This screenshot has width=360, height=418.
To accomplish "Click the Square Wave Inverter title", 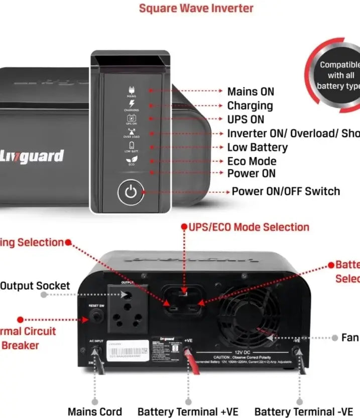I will point(196,8).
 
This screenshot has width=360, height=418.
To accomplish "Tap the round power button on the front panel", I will point(131,192).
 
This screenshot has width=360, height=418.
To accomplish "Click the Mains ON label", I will point(251,91).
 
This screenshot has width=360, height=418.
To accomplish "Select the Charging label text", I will point(250,106).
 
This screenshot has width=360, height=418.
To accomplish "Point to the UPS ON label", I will point(246,120).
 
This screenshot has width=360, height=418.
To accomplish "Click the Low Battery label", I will point(257,147).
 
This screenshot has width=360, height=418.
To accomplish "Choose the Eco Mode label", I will point(252,161).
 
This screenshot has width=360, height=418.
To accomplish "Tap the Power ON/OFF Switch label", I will point(286,191).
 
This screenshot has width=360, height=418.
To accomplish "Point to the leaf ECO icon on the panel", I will point(131,159).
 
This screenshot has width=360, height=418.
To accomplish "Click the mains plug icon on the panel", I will point(132,90).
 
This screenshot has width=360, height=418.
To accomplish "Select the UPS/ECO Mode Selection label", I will point(249,227).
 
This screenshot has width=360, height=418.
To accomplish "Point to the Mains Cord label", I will point(95,411).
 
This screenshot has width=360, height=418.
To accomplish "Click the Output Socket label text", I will point(35,285).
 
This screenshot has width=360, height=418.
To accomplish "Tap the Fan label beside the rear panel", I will point(349,337).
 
